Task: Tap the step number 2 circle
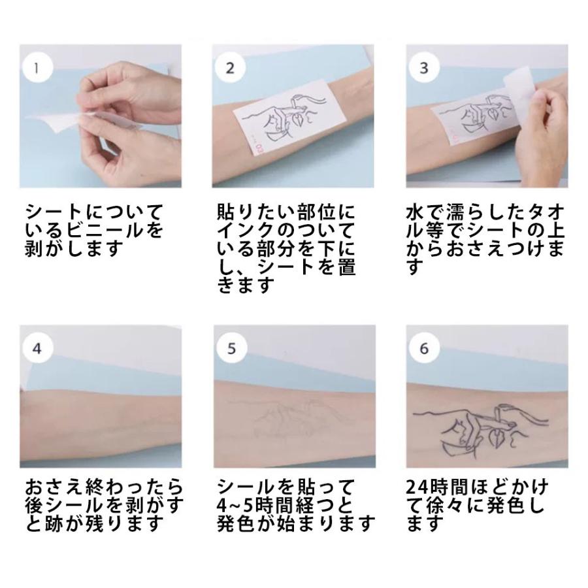(x=231, y=68)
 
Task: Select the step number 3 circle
(x=424, y=68)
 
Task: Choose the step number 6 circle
(x=424, y=348)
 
